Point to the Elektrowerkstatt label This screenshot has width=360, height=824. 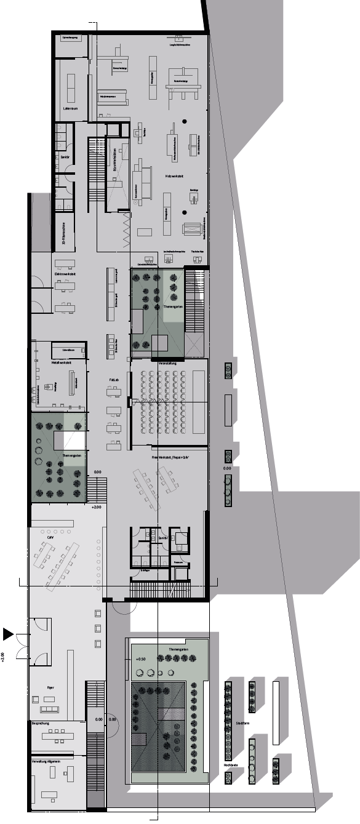62,274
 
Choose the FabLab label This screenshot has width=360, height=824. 113,382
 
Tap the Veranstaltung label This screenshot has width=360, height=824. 167,364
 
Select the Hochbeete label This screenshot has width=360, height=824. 231,766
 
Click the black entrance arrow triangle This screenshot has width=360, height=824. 8,634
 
